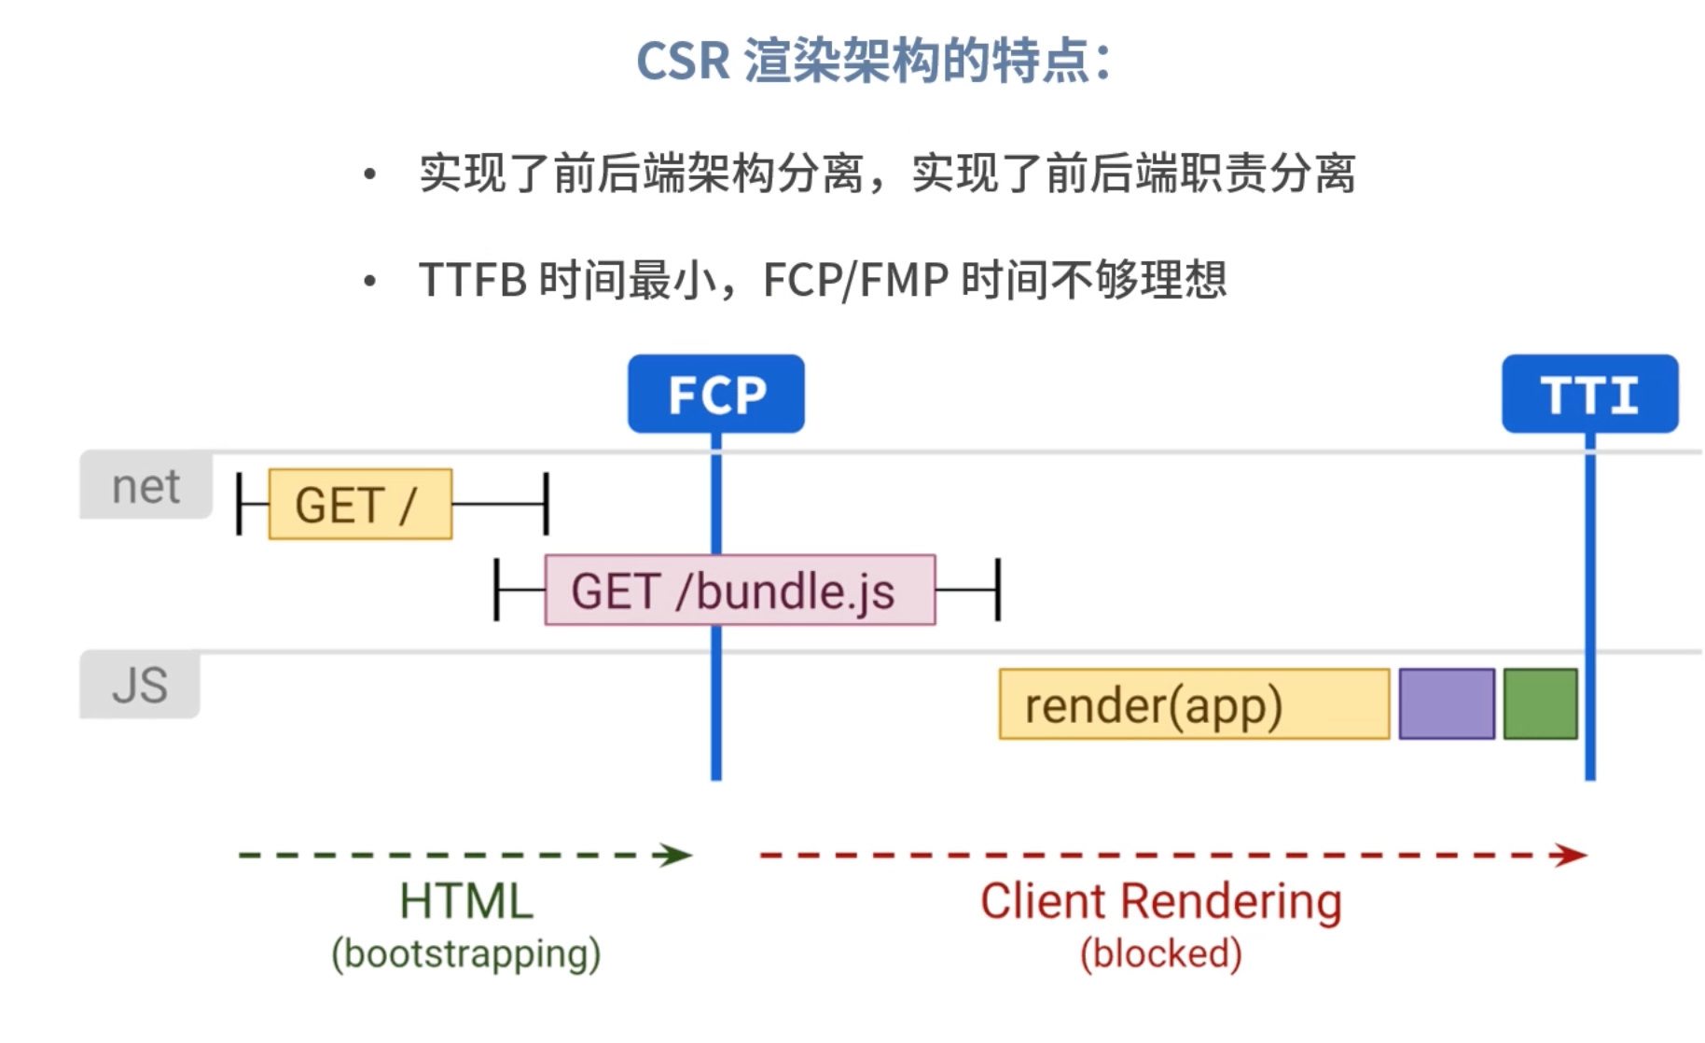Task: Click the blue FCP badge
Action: click(x=715, y=394)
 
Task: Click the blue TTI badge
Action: click(x=1589, y=394)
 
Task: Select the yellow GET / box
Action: click(x=360, y=505)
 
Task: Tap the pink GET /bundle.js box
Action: click(x=740, y=591)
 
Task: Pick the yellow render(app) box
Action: click(x=1194, y=704)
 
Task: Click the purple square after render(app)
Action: click(x=1447, y=704)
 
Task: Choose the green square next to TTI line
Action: click(x=1540, y=704)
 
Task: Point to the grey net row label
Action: click(x=146, y=486)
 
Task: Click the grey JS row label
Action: click(x=140, y=685)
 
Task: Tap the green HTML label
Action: click(x=466, y=901)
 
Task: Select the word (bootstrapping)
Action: click(x=466, y=954)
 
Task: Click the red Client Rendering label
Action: click(x=1160, y=901)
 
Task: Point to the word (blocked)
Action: click(x=1160, y=954)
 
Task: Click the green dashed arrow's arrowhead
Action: click(x=677, y=855)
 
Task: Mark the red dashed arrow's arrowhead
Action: click(x=1573, y=855)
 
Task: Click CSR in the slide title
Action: click(x=683, y=62)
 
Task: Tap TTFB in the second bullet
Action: click(x=473, y=280)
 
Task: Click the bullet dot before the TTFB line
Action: click(x=370, y=280)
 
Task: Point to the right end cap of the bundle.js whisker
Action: click(x=998, y=591)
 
